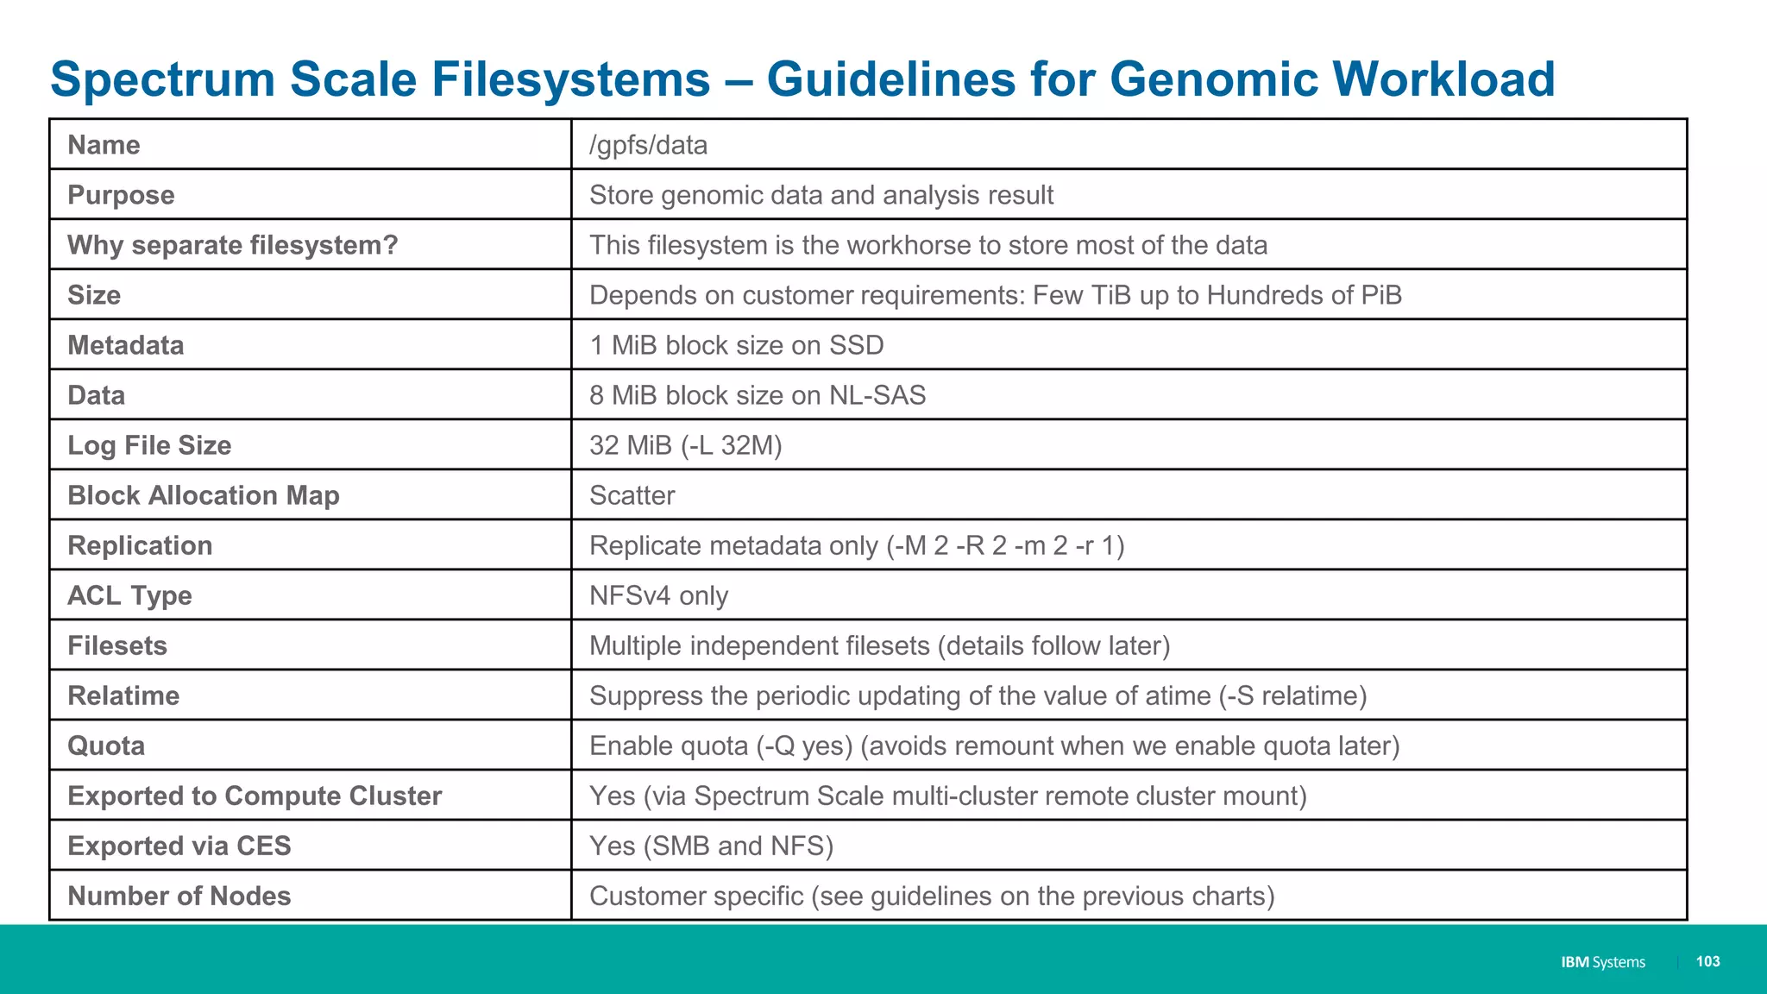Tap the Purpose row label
121,195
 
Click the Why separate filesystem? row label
232,245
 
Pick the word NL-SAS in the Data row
877,395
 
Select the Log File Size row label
149,445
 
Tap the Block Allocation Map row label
204,495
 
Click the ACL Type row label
129,595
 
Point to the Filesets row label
117,645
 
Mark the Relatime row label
123,695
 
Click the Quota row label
106,745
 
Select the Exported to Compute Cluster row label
255,796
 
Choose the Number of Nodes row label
179,896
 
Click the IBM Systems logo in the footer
1602,962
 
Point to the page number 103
1707,961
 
